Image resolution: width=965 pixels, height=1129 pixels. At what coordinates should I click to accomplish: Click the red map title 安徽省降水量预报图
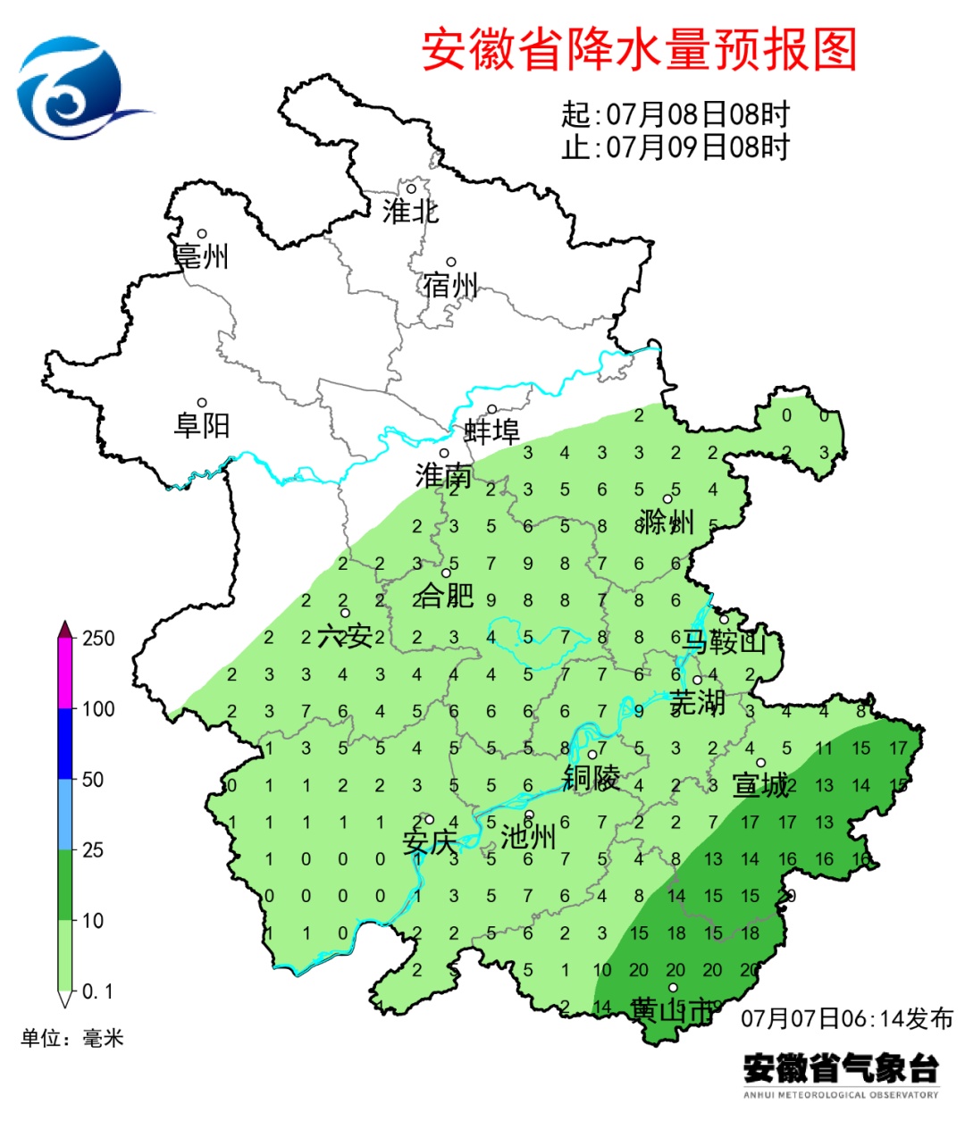coord(639,49)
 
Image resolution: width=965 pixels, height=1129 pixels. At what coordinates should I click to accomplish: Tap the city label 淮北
coord(410,212)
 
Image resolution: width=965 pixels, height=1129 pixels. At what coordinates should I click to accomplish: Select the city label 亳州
coord(202,256)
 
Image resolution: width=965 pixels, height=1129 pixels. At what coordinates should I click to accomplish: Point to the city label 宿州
coord(450,286)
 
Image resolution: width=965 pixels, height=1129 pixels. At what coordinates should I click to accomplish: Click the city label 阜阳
coord(202,424)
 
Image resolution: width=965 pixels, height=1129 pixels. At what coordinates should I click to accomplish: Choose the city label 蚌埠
coord(491,431)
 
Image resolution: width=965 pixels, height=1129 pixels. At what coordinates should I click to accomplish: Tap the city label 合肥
coord(445,595)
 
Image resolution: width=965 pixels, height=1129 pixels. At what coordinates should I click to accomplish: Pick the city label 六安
coord(345,636)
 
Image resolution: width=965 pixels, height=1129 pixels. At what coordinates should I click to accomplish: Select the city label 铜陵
coord(591,778)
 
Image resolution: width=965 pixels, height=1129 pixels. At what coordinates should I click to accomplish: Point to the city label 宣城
coord(760,785)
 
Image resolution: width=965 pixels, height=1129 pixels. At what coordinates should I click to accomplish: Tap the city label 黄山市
coord(672,1010)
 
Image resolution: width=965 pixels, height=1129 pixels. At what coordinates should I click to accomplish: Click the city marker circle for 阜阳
coord(202,403)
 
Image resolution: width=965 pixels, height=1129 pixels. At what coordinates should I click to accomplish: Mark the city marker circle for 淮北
coord(412,188)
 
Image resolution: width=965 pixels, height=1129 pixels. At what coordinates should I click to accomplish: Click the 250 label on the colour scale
coord(98,638)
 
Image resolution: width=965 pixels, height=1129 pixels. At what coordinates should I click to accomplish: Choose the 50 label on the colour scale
coord(93,779)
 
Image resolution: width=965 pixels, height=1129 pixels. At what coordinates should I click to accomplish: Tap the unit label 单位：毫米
coord(72,1038)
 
